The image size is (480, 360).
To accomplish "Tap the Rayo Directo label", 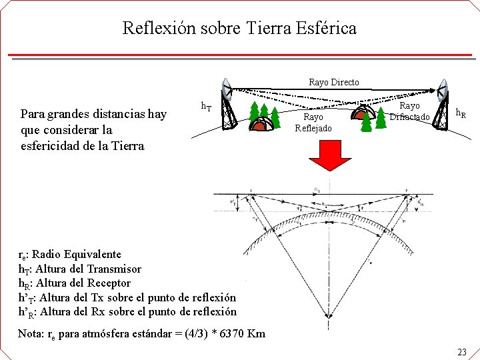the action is click(333, 82).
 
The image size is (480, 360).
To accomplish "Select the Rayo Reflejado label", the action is click(313, 123).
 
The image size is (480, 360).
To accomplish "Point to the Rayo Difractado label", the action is click(409, 111).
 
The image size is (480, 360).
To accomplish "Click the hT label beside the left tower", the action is click(207, 106).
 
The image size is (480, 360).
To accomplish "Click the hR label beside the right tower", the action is click(461, 114).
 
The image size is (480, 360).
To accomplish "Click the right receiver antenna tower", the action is click(441, 109).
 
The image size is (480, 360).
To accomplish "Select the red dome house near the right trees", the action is click(363, 115).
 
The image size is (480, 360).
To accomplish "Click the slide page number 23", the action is click(462, 351).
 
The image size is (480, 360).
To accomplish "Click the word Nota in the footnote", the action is click(30, 333).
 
